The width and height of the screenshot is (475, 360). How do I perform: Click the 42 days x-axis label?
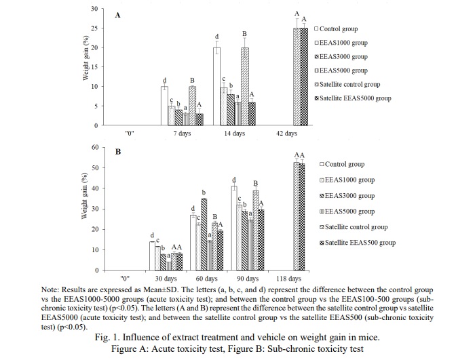286,134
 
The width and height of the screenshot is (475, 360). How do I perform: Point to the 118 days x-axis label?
290,279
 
